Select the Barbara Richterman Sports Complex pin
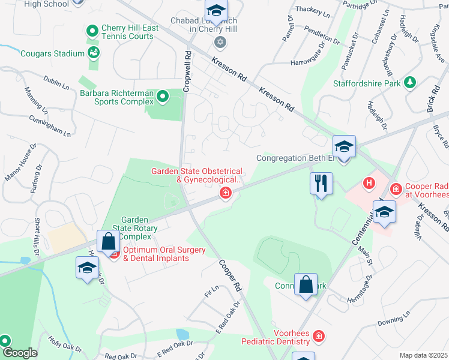point(162,96)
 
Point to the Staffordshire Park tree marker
point(411,83)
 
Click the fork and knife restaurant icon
point(321,182)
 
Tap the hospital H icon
point(369,182)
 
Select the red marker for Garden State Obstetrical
point(226,193)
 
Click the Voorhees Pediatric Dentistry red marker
point(318,336)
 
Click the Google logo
point(19,353)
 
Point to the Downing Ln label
point(394,318)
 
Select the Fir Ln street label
point(211,292)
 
